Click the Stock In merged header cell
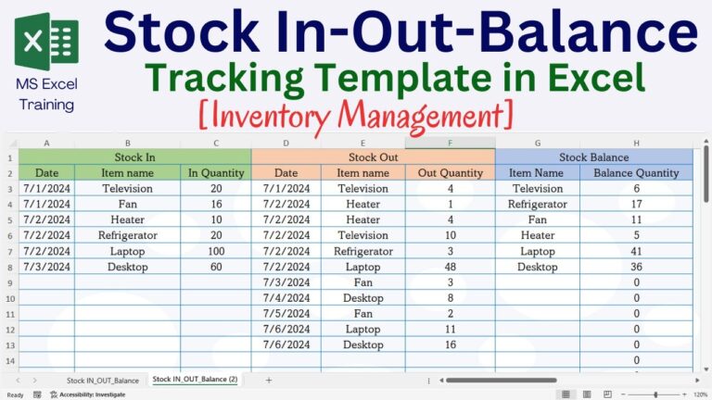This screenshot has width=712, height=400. click(x=134, y=157)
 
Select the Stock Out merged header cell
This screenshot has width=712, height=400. click(x=373, y=157)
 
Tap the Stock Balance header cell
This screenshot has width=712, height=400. click(x=593, y=157)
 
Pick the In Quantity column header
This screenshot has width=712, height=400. click(x=216, y=173)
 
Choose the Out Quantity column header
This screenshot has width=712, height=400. click(x=451, y=173)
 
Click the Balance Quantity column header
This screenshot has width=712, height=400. click(x=636, y=173)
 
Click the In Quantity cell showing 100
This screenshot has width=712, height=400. click(x=216, y=251)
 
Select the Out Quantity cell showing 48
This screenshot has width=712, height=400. click(x=451, y=267)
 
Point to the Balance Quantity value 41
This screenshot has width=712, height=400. click(x=636, y=251)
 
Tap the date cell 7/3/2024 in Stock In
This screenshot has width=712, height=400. click(x=46, y=267)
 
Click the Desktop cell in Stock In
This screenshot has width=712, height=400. click(x=127, y=267)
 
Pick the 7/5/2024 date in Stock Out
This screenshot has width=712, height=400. click(x=286, y=313)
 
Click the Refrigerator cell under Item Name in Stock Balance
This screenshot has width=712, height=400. click(x=537, y=204)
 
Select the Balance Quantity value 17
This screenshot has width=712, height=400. click(x=636, y=204)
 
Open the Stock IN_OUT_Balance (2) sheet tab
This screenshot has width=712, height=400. click(x=195, y=380)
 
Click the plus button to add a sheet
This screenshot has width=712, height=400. click(x=269, y=380)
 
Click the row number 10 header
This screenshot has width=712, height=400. click(x=10, y=298)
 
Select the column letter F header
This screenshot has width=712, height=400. click(x=450, y=143)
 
